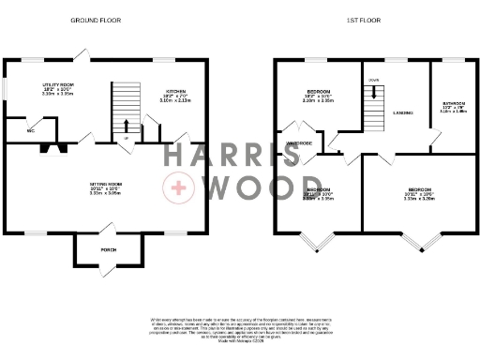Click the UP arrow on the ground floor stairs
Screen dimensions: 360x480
[x=127, y=126]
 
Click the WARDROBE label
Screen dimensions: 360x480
[x=300, y=143]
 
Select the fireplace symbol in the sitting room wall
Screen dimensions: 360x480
[x=59, y=146]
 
